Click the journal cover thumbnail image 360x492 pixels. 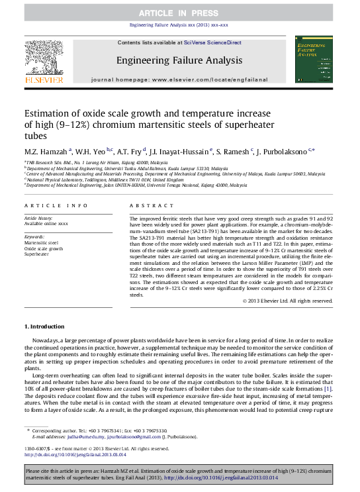[x=310, y=60]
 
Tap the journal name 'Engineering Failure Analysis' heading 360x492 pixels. [x=179, y=60]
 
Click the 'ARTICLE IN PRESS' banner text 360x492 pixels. [x=179, y=13]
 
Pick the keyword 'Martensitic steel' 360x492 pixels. [x=41, y=243]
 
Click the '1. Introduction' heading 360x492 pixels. [x=46, y=326]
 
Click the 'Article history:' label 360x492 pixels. [x=39, y=217]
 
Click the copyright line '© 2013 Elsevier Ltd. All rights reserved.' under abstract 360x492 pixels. [x=287, y=301]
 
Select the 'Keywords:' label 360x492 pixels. [x=34, y=237]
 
